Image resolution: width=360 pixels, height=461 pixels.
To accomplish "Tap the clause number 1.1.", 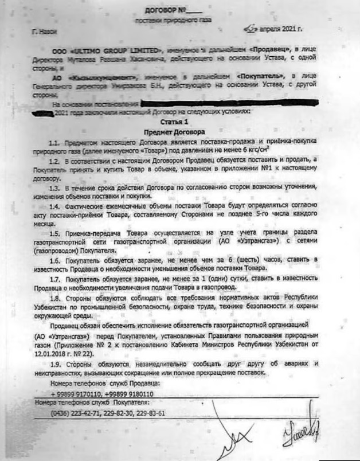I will [54, 142].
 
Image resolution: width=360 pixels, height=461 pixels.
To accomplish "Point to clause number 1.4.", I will [54, 205].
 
